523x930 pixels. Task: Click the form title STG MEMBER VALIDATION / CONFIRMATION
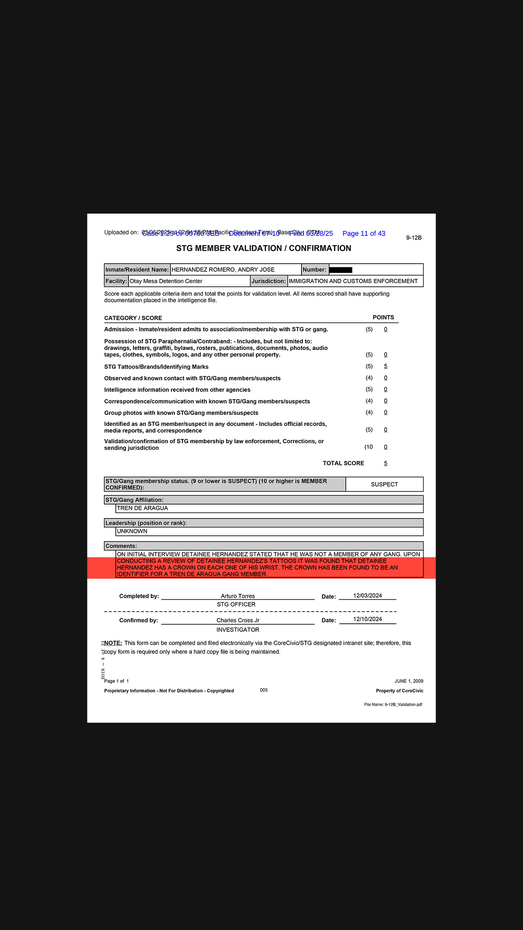pos(264,249)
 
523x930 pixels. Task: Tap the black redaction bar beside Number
pos(341,270)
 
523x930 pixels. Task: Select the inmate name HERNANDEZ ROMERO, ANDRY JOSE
pos(223,270)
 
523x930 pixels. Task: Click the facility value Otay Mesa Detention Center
pos(166,281)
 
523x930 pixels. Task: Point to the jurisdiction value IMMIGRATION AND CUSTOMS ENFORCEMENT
pos(353,281)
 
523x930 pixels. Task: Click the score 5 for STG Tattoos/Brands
pos(386,366)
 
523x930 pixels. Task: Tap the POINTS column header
pos(383,318)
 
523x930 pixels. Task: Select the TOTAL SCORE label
pos(343,463)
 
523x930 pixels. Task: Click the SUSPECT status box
pos(384,484)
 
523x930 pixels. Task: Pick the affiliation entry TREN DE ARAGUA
pos(142,508)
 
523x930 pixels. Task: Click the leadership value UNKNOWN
pos(132,532)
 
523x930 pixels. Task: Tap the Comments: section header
pos(121,546)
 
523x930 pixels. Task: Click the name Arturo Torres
pos(238,596)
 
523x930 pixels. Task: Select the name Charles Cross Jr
pos(238,620)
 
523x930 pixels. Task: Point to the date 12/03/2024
pos(368,596)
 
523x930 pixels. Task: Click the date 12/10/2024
pos(368,619)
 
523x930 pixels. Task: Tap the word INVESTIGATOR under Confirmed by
pos(238,630)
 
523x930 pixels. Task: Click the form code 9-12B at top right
pos(414,238)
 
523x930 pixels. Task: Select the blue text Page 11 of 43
pos(364,234)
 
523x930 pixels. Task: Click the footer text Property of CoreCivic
pos(400,691)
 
